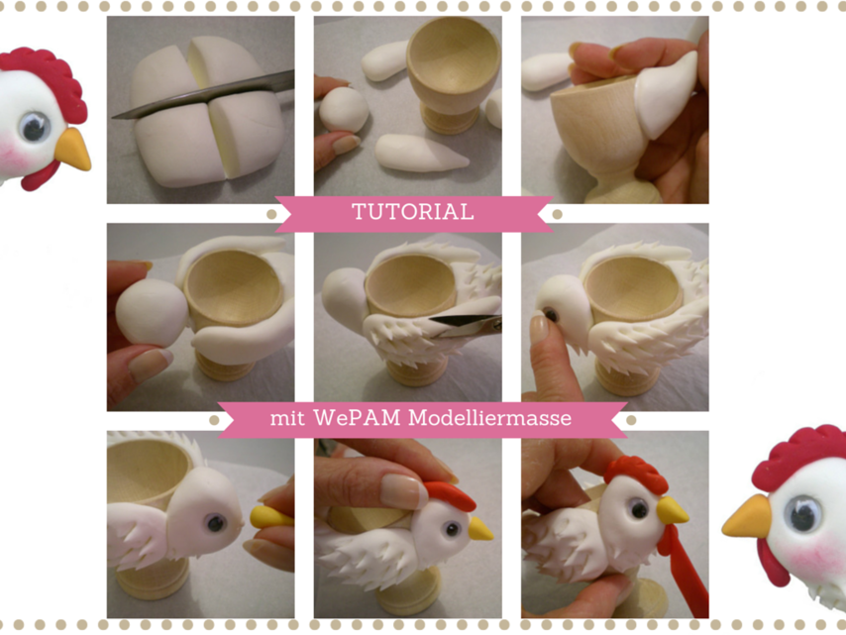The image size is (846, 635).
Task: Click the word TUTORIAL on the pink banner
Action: [413, 211]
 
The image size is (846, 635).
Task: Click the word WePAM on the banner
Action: [357, 418]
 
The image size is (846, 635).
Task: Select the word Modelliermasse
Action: [489, 418]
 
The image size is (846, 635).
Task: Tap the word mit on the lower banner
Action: [287, 418]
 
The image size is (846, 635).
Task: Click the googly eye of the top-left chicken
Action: [35, 128]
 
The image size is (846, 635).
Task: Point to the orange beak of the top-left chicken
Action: [73, 149]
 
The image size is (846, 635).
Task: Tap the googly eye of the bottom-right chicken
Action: [803, 515]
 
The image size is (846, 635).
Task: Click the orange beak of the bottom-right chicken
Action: [747, 517]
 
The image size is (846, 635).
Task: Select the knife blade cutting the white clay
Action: [205, 95]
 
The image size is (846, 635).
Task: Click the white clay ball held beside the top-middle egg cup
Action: [344, 110]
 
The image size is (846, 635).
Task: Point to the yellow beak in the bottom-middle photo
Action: [479, 529]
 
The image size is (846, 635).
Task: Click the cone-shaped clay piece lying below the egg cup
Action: [421, 153]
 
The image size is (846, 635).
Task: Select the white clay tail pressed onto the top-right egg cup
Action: [666, 95]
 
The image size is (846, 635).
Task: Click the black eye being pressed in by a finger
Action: [551, 314]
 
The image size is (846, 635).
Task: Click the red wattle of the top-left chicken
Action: [41, 176]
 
